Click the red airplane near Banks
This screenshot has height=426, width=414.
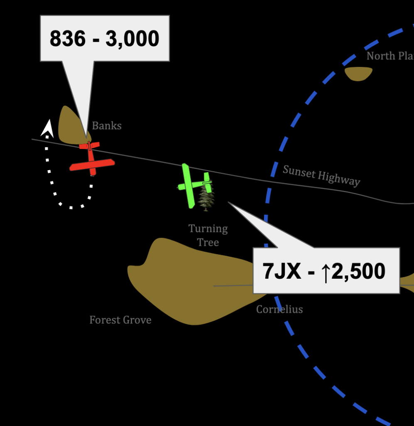pos(91,160)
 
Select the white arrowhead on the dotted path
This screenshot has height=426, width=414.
pos(47,128)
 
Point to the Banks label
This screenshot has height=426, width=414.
pos(107,126)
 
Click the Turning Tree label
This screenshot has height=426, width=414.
pos(208,235)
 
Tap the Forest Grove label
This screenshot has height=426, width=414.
pos(120,320)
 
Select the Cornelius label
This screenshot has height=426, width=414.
pos(279,309)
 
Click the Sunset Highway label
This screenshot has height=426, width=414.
pos(321,175)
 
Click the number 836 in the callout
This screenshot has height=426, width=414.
pos(68,39)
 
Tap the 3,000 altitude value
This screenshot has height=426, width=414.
pos(132,39)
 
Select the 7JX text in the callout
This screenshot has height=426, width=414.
pos(282,271)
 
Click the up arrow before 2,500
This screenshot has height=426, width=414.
pos(326,272)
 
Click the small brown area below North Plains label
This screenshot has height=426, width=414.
pos(358,74)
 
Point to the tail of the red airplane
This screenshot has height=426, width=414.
pos(89,145)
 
